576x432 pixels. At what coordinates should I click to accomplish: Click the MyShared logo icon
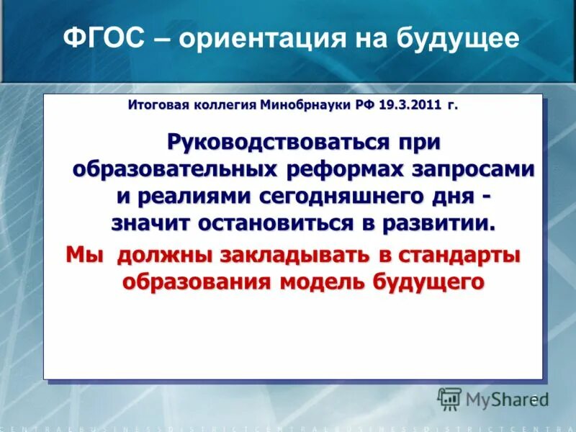click(x=449, y=399)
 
